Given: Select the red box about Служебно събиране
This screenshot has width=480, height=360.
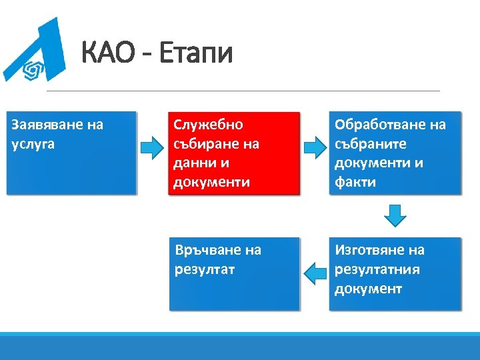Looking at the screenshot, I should pyautogui.click(x=234, y=153).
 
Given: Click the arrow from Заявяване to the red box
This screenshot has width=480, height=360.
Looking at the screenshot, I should pyautogui.click(x=152, y=145).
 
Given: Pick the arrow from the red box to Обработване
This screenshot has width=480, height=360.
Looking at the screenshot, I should pyautogui.click(x=314, y=145).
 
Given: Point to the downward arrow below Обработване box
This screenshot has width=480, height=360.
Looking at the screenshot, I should pyautogui.click(x=395, y=215).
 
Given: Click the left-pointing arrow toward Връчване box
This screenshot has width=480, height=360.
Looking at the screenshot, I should pyautogui.click(x=314, y=271).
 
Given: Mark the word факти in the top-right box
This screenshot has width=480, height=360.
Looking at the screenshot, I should pyautogui.click(x=355, y=182).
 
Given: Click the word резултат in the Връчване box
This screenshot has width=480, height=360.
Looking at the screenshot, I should pyautogui.click(x=204, y=270).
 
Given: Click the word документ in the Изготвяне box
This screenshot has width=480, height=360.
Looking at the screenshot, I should pyautogui.click(x=368, y=289).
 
